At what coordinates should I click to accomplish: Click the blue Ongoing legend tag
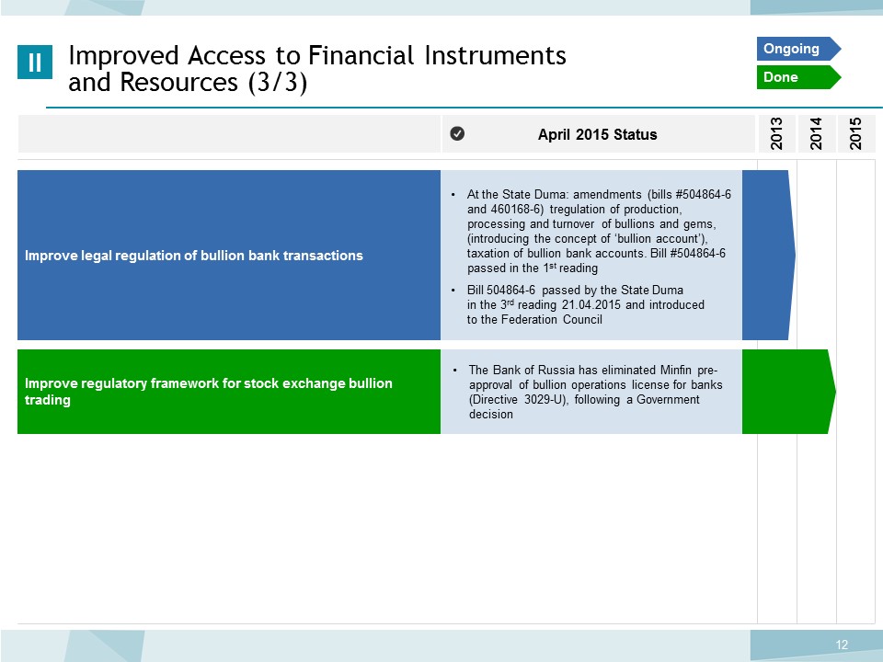(x=798, y=49)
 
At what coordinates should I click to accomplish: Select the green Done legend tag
(x=798, y=77)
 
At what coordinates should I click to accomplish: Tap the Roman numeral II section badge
(x=35, y=62)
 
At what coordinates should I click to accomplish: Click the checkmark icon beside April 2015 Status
(x=457, y=133)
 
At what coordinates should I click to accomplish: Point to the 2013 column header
(x=776, y=133)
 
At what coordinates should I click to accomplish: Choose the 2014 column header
(x=816, y=133)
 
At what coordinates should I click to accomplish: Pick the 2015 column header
(x=856, y=133)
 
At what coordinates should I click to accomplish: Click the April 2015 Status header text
(x=598, y=134)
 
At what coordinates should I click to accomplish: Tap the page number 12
(x=842, y=645)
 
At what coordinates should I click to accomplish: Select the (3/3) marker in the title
(x=278, y=83)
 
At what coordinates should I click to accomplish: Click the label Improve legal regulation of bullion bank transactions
(x=194, y=256)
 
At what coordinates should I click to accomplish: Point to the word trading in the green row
(x=47, y=400)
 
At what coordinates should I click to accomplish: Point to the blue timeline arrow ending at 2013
(x=769, y=255)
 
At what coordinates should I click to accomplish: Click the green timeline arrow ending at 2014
(x=788, y=392)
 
